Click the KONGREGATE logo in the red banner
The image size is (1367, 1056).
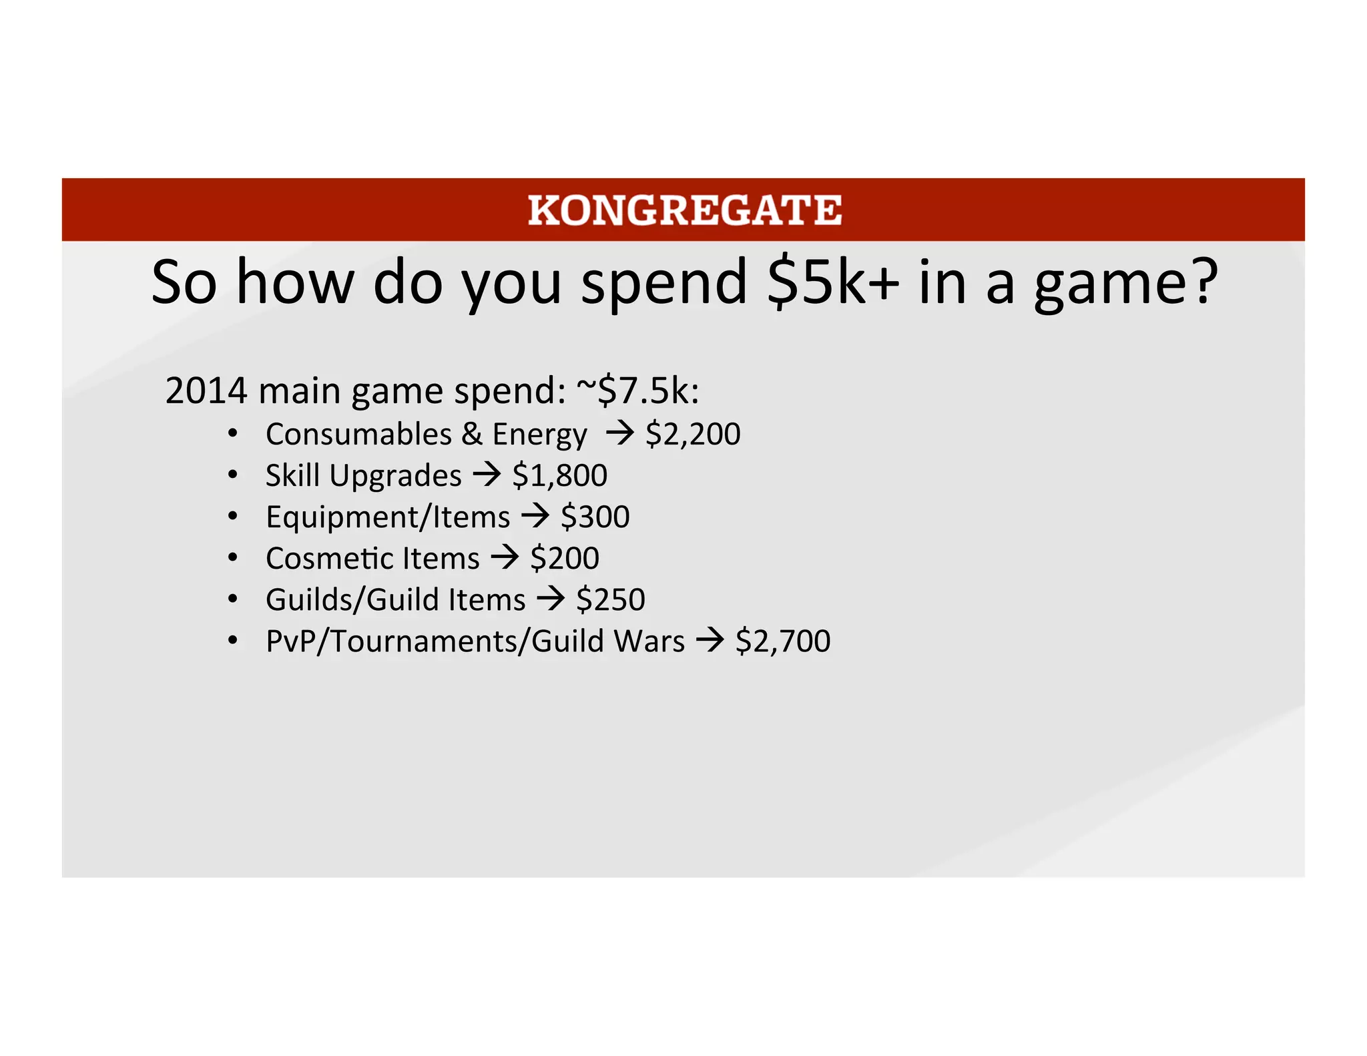[684, 210]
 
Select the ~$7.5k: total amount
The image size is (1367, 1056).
[637, 390]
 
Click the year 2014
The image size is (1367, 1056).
[206, 390]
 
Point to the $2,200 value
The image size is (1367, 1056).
[693, 434]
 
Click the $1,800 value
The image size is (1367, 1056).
[559, 475]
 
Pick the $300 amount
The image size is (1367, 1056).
[595, 517]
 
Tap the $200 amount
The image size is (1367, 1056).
[565, 558]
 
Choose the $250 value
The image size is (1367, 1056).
[610, 599]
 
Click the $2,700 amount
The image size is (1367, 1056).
[782, 641]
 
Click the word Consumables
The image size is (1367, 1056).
[358, 434]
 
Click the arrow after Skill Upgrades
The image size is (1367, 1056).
[487, 475]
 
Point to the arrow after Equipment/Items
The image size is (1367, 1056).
[535, 517]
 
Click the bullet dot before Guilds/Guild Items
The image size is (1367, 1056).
[232, 599]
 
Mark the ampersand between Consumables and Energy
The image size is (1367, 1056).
[472, 434]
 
